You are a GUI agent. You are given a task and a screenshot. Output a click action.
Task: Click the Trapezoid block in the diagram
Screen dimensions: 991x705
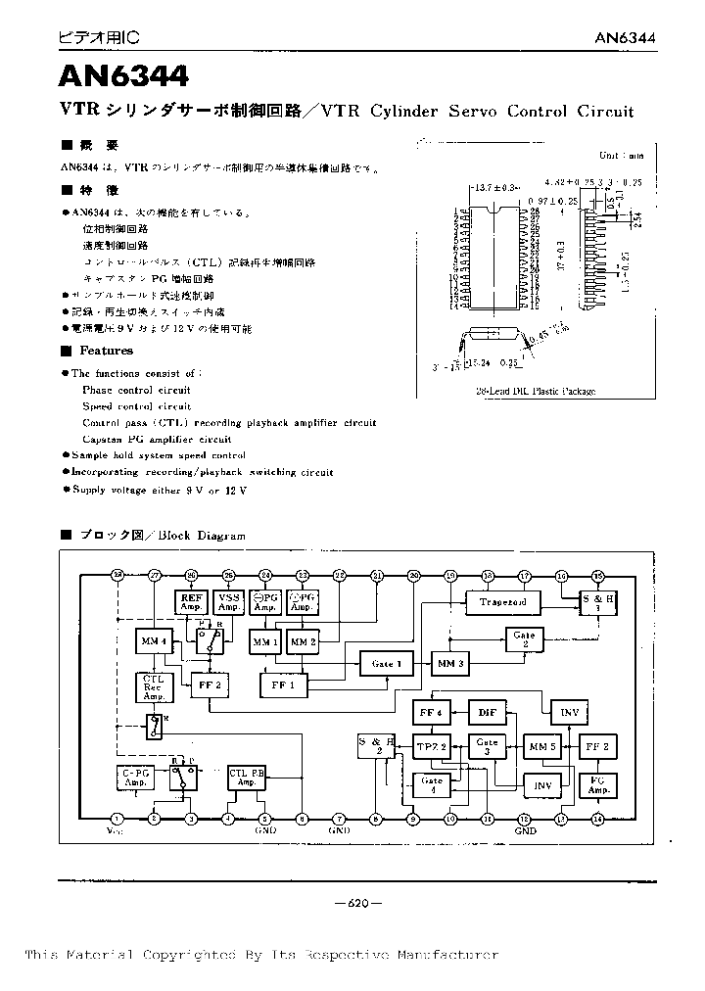[x=503, y=601]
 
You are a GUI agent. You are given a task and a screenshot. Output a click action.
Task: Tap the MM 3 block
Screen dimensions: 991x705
[x=450, y=663]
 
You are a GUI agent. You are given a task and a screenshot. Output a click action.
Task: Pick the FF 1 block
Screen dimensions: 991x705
[x=284, y=685]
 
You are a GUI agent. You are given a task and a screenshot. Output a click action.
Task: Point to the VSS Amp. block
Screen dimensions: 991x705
[x=229, y=602]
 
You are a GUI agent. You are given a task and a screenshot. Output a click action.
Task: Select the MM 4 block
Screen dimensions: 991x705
[x=154, y=642]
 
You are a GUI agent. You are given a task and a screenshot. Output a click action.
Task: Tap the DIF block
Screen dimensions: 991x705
[x=486, y=712]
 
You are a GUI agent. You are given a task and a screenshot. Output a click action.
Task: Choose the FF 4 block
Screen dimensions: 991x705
[x=431, y=712]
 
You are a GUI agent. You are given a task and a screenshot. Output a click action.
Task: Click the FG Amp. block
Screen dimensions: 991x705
[x=599, y=784]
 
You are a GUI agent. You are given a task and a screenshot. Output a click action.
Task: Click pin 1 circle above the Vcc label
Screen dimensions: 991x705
[x=117, y=819]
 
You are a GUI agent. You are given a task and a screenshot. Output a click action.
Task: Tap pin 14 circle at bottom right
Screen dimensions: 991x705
[x=598, y=819]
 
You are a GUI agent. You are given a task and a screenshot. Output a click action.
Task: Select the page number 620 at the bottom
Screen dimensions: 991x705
[x=358, y=904]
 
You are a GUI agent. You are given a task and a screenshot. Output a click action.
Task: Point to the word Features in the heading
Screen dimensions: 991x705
[x=106, y=351]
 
